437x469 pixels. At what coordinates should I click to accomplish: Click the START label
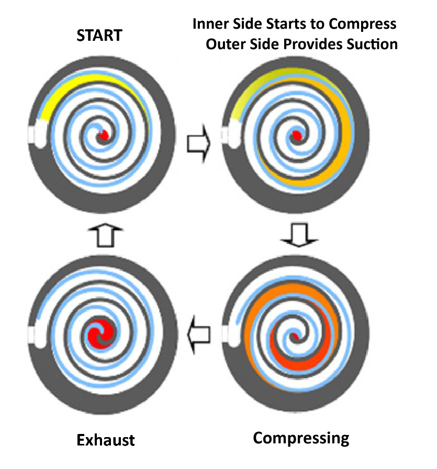[99, 36]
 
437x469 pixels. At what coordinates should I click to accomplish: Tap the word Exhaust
[106, 440]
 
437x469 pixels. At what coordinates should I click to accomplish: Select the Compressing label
[301, 438]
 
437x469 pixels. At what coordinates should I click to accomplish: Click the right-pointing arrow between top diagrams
[198, 142]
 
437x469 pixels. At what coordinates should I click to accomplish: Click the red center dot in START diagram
[104, 135]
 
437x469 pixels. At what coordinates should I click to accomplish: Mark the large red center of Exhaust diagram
[100, 333]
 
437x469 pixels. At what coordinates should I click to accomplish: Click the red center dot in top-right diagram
[297, 136]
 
